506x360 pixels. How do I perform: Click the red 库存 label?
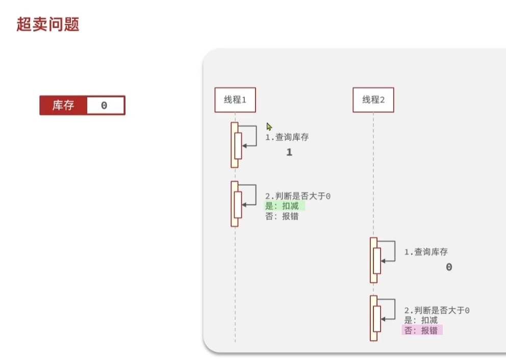click(63, 106)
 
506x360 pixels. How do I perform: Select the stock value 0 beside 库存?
click(104, 106)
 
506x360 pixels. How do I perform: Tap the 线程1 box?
click(235, 100)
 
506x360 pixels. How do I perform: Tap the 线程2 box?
click(373, 100)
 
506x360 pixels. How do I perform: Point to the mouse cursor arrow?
click(269, 126)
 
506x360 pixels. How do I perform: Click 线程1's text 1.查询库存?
click(287, 137)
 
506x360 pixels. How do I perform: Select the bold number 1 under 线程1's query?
click(289, 152)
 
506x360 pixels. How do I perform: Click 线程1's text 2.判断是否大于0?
click(298, 196)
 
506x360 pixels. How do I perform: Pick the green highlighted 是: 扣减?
click(284, 206)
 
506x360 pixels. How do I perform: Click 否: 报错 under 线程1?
click(282, 216)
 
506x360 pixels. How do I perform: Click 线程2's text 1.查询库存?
click(426, 252)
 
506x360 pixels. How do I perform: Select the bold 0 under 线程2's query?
click(449, 267)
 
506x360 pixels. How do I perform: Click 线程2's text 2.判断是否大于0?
click(437, 311)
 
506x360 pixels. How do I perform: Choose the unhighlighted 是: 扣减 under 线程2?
click(421, 320)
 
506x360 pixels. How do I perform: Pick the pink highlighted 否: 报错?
click(422, 330)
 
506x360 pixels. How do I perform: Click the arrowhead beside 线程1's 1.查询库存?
click(244, 146)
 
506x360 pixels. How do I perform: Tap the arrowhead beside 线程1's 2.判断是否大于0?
click(244, 204)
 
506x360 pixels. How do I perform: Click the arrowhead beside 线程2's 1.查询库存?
click(384, 261)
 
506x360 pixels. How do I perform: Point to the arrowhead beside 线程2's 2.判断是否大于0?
click(384, 319)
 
